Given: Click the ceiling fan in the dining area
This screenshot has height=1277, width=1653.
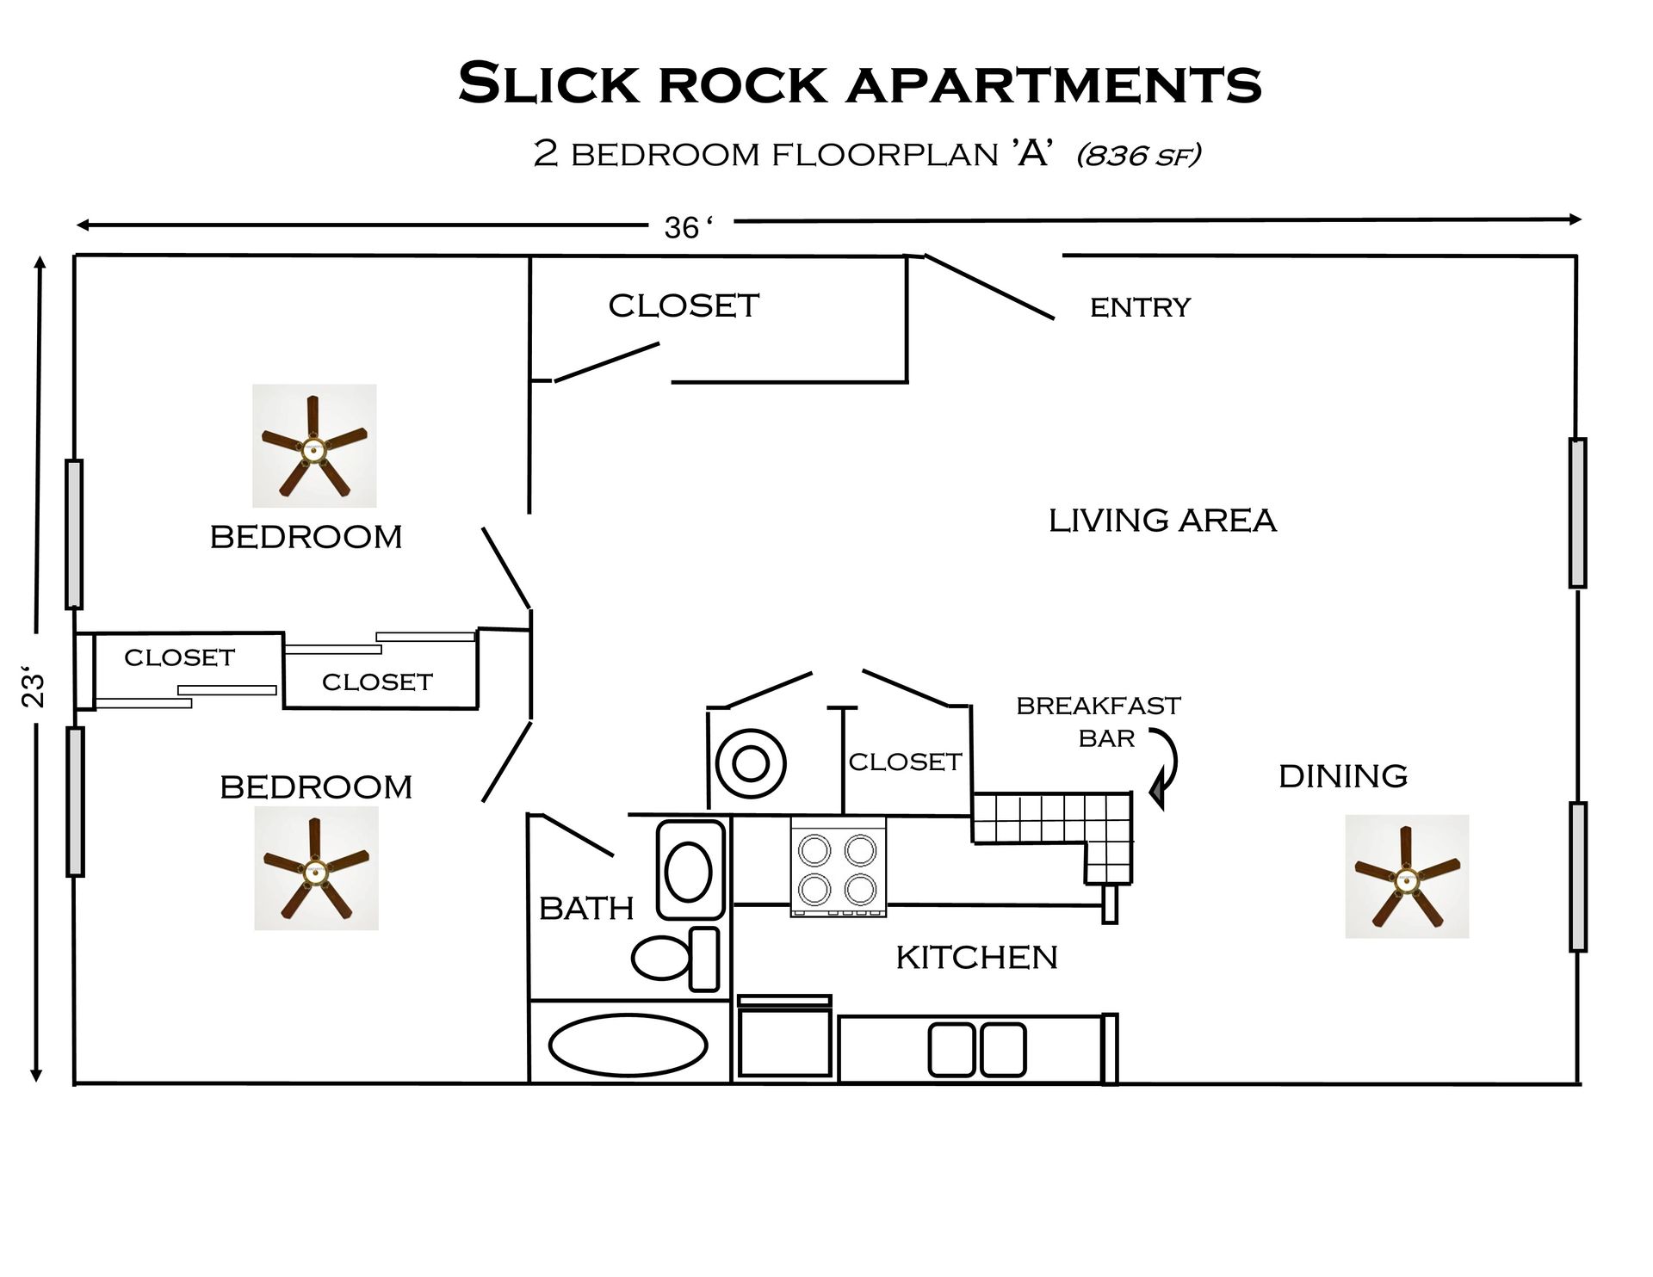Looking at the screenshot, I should (x=1407, y=877).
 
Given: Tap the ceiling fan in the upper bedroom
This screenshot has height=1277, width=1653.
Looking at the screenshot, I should (x=314, y=446).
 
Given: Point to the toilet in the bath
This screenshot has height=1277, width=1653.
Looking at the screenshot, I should (x=675, y=958).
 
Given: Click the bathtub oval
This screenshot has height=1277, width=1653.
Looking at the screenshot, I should (x=628, y=1046).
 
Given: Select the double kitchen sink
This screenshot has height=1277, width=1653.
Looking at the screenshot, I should (x=977, y=1049).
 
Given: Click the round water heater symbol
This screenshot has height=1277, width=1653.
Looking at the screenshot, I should (x=751, y=763).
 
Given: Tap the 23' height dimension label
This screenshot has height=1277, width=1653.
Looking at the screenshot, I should (x=33, y=686).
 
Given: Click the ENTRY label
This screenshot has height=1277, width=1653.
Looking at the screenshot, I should (x=1140, y=307).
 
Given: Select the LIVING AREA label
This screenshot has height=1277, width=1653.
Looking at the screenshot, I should (x=1161, y=521).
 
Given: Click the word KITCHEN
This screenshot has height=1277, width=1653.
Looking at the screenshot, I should (x=976, y=957).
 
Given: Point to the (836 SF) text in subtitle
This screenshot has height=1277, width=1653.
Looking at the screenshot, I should (x=1138, y=155).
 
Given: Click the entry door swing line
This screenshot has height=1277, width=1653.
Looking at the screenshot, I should (x=989, y=287).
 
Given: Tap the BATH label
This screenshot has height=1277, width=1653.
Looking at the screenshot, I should (x=586, y=909).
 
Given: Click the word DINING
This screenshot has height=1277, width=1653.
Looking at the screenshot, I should (x=1343, y=776).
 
